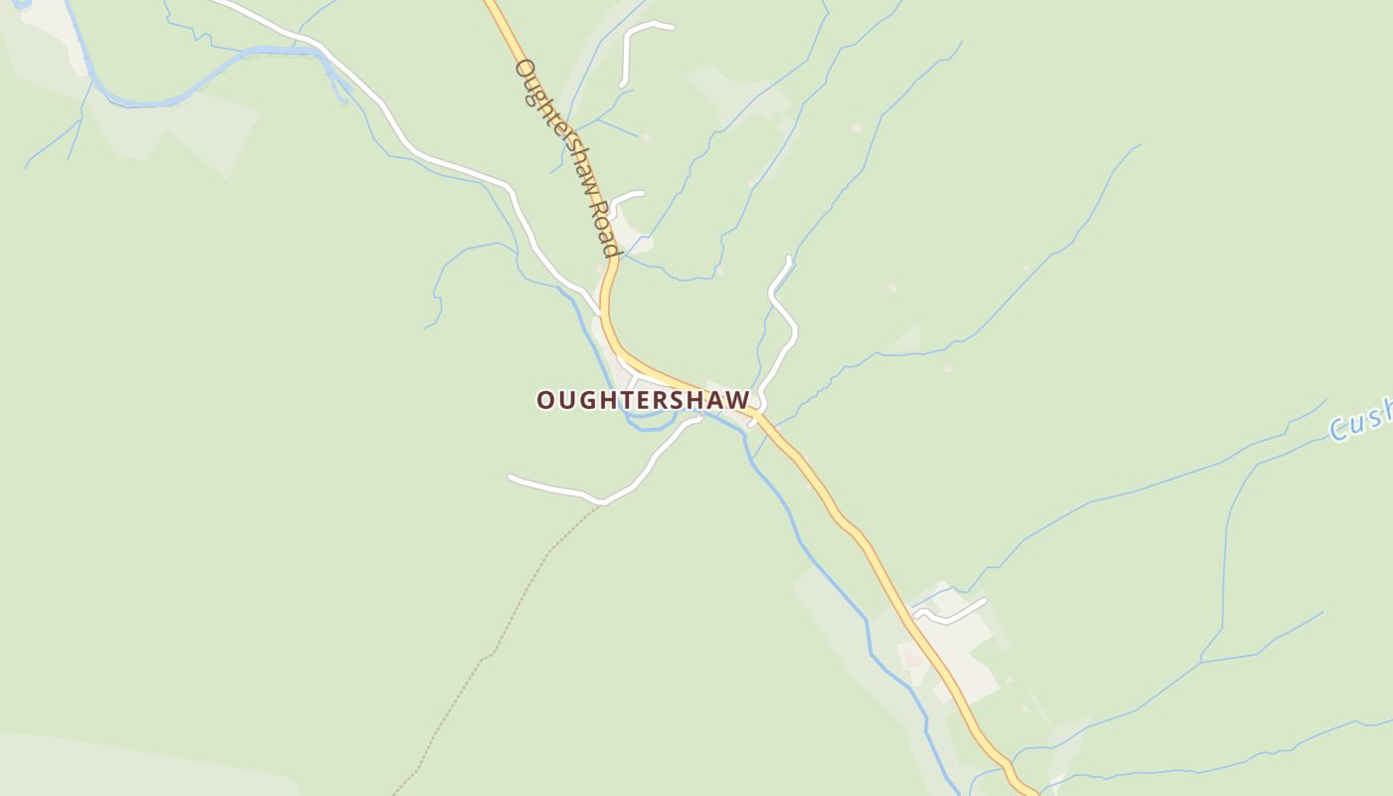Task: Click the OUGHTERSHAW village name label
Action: coord(643,400)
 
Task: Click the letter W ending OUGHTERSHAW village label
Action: coord(738,400)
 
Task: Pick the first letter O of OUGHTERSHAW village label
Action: coord(545,400)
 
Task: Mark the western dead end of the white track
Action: coord(510,478)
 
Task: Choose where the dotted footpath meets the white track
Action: coord(603,502)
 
